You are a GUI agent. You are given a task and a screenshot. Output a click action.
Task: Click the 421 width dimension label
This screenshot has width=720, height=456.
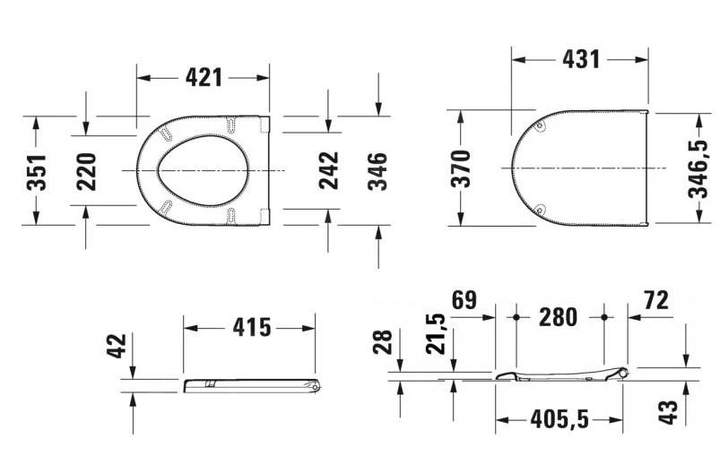[x=204, y=78]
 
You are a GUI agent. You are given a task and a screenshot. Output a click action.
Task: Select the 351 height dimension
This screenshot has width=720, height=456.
[x=36, y=170]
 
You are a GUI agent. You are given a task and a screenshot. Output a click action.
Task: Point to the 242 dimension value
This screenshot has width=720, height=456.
[x=329, y=170]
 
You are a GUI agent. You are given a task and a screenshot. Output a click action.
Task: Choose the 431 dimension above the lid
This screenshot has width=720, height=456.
[x=580, y=59]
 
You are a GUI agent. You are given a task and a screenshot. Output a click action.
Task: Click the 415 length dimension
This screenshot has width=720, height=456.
[x=251, y=327]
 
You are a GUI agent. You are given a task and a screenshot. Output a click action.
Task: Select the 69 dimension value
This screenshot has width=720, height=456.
[x=464, y=300]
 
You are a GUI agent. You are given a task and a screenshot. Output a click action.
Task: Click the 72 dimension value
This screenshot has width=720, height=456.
[x=655, y=300]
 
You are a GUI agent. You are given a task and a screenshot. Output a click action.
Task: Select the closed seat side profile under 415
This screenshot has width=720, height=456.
[x=251, y=385]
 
